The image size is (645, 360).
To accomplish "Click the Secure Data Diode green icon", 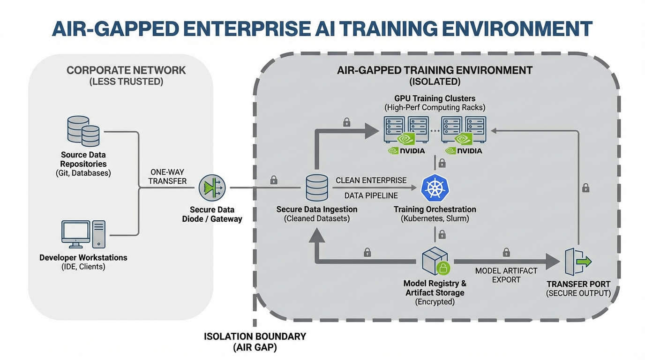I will pos(212,187).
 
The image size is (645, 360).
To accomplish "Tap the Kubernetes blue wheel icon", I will pos(435,187).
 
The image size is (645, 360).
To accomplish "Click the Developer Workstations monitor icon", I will pos(76,234).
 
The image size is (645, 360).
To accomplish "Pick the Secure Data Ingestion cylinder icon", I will pos(316,187).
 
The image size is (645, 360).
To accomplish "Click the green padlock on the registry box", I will pos(443,268).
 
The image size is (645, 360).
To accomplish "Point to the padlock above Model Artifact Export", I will pos(506,253).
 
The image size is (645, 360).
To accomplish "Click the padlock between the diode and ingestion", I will pos(274,180).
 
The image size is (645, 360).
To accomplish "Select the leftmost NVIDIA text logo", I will pos(406,151).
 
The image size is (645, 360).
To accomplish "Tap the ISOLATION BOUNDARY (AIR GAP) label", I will pos(255,342).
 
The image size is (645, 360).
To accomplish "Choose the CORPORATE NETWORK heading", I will pos(126,70).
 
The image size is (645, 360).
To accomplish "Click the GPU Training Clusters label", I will pos(435,98).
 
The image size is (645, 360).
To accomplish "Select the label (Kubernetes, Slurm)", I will pos(435,218).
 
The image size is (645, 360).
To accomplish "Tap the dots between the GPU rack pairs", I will pos(435,131).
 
